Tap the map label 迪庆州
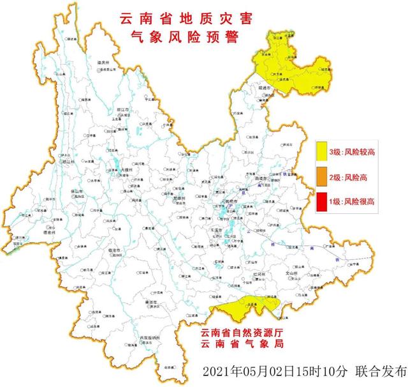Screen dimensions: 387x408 pyautogui.click(x=104, y=62)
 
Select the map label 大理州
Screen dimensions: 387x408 pyautogui.click(x=126, y=171)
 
